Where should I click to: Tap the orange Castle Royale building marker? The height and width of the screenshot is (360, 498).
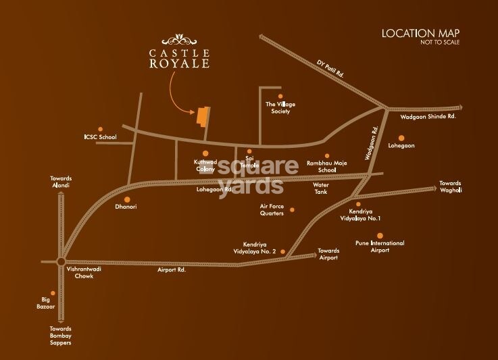pos(202,115)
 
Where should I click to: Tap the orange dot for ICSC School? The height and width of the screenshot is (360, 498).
pos(101,128)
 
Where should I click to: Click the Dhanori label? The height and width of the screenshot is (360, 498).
pos(126,207)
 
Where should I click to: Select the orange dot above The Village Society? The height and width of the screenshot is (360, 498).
pos(271,96)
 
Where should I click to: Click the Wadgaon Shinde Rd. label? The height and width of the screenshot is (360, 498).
pos(429,116)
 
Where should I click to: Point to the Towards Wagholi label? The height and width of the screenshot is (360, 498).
pos(450,187)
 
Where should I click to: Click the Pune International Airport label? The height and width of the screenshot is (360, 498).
pos(380,247)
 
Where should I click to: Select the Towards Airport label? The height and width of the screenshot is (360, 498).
pos(328,254)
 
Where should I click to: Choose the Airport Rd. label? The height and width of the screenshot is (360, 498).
pos(172,269)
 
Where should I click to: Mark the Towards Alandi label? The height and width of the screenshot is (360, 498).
pos(60,182)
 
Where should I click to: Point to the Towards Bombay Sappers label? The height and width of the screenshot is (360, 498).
pos(60,336)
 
